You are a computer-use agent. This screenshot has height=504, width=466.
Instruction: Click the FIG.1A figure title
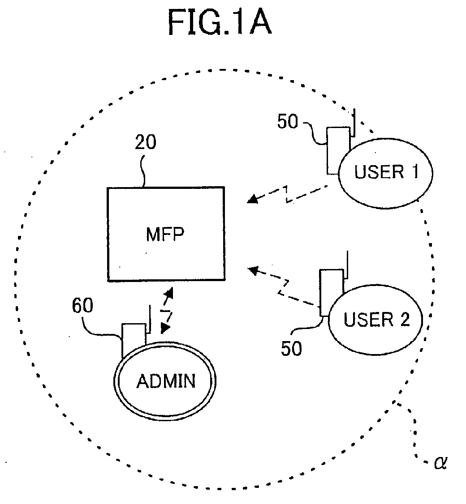pyautogui.click(x=220, y=22)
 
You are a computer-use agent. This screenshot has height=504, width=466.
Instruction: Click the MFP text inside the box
pyautogui.click(x=165, y=234)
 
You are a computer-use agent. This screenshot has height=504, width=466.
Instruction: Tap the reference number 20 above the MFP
pyautogui.click(x=146, y=142)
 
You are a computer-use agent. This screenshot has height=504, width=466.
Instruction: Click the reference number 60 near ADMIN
pyautogui.click(x=82, y=305)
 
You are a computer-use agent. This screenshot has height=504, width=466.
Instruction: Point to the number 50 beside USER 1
pyautogui.click(x=288, y=121)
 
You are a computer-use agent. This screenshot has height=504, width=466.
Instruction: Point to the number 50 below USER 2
pyautogui.click(x=291, y=348)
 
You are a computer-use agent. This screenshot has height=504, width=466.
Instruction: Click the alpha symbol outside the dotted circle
pyautogui.click(x=440, y=462)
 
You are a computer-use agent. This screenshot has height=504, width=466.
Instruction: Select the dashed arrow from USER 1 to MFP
pyautogui.click(x=287, y=194)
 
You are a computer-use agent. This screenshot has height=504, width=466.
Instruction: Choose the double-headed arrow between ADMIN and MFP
pyautogui.click(x=167, y=311)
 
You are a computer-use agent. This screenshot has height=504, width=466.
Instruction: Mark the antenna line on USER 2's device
pyautogui.click(x=347, y=265)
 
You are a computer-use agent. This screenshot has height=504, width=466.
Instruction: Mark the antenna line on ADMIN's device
pyautogui.click(x=149, y=319)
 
